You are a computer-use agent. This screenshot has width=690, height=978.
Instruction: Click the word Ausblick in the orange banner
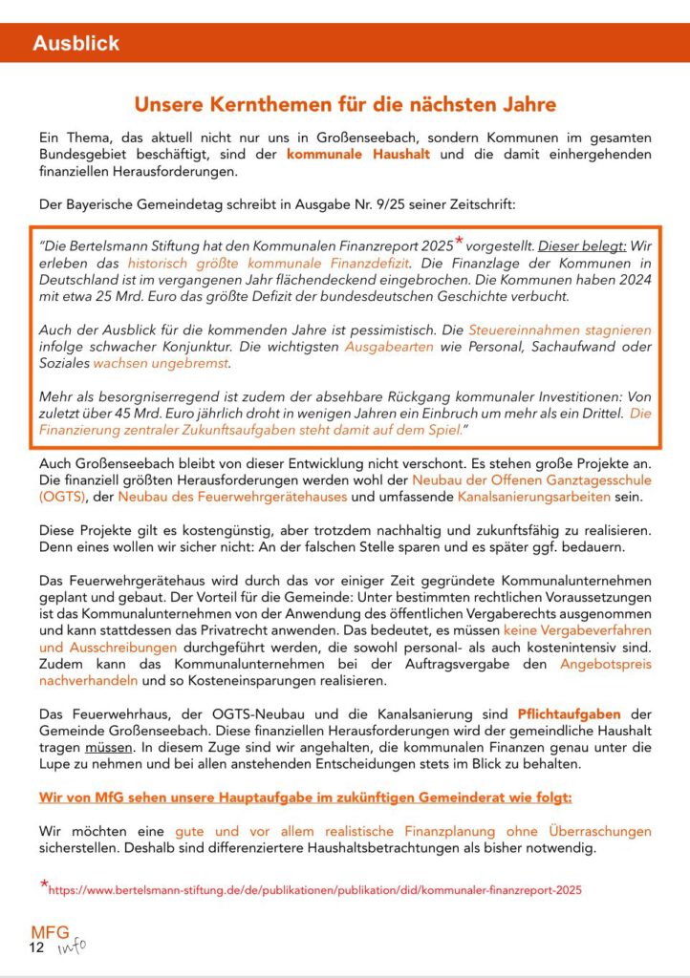coord(76,44)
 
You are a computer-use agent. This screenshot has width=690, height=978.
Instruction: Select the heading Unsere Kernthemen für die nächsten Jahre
coord(345,103)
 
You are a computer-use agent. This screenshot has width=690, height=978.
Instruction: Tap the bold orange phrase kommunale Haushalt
coord(357,154)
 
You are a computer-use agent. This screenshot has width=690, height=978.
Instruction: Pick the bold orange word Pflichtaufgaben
coord(569,714)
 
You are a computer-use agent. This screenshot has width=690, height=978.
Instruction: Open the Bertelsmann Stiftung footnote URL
coord(315,890)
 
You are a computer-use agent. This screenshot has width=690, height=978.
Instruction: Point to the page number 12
coord(36,948)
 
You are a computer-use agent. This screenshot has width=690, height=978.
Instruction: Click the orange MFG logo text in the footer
coord(50,933)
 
